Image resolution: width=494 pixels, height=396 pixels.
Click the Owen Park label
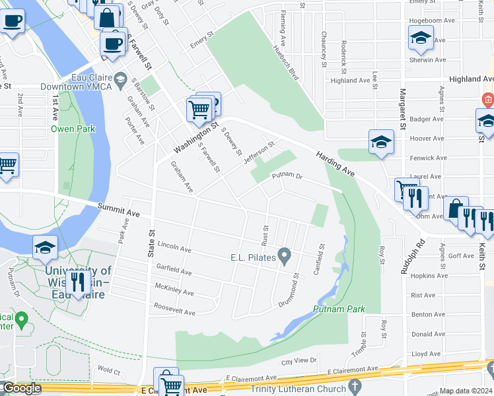pyautogui.click(x=73, y=129)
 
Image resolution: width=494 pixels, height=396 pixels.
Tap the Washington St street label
pyautogui.click(x=195, y=135)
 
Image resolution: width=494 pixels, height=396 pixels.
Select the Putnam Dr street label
pyautogui.click(x=286, y=176)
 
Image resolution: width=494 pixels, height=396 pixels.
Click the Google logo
pyautogui.click(x=22, y=388)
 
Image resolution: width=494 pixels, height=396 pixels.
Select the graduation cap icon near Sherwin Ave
pyautogui.click(x=420, y=38)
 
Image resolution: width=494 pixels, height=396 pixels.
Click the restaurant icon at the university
pyautogui.click(x=78, y=282)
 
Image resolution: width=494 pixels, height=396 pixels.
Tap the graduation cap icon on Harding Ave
pyautogui.click(x=381, y=142)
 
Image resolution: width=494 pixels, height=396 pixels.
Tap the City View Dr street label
pyautogui.click(x=300, y=361)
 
